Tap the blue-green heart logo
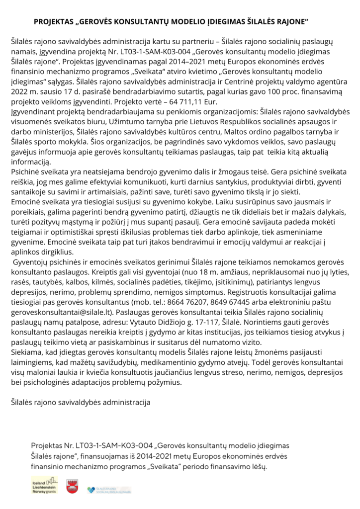coord(90,490)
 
